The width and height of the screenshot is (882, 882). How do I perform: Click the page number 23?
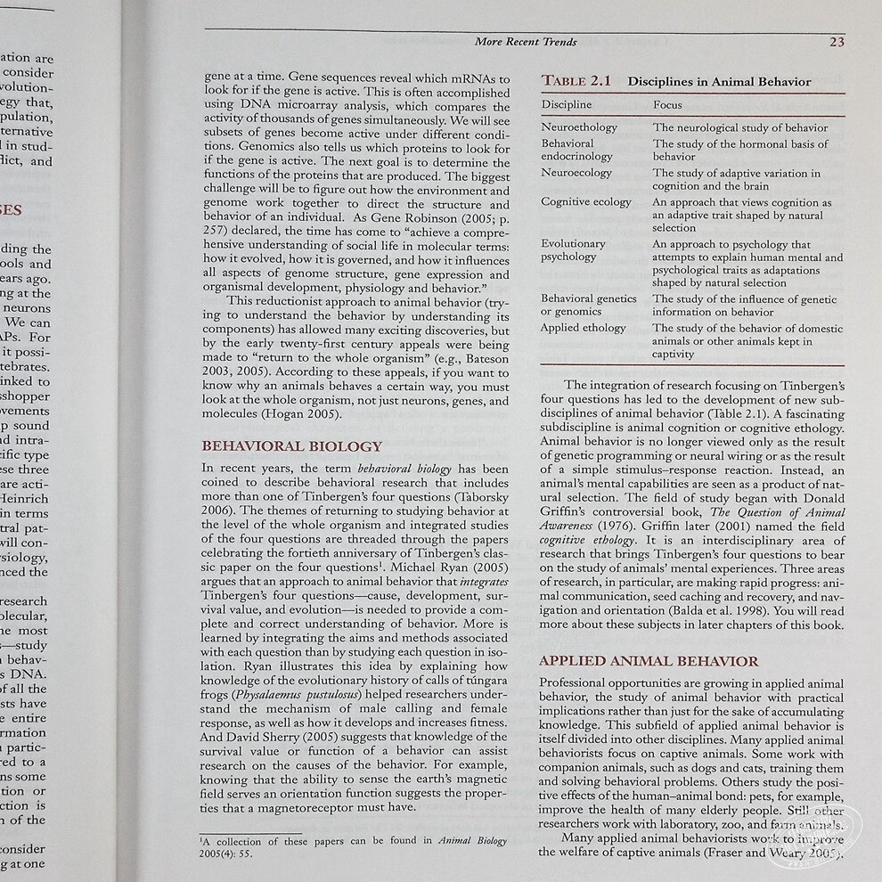pos(837,41)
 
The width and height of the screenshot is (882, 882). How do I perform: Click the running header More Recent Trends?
pos(526,41)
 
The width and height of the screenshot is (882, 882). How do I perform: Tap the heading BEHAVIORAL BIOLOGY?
pos(292,446)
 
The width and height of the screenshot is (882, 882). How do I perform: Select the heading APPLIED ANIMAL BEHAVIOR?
pos(649,661)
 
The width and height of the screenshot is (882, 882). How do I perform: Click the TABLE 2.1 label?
pos(576,81)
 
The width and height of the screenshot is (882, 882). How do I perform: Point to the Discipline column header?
pos(567,105)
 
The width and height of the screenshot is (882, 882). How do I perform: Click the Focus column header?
pos(667,105)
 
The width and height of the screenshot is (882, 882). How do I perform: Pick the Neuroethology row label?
pos(579,127)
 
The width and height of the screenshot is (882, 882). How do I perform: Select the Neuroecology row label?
pos(576,173)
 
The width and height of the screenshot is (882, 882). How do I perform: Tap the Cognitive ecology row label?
pos(585,202)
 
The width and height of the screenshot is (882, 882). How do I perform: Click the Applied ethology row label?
pos(584,328)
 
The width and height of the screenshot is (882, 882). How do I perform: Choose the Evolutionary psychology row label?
pos(573,250)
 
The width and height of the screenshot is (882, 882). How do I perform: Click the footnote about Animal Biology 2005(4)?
pos(354,845)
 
